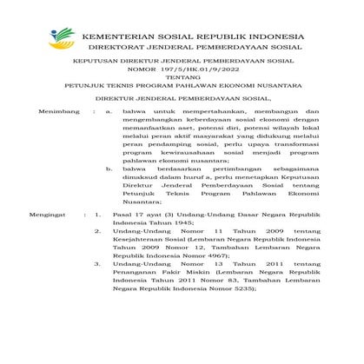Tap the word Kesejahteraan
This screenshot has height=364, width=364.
click(143, 290)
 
